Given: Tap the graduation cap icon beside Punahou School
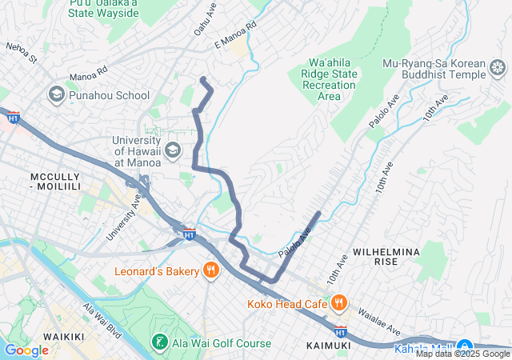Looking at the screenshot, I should (x=56, y=95).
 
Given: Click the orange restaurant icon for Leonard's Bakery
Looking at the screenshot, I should (x=211, y=271).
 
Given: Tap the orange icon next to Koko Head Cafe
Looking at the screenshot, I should (x=339, y=303).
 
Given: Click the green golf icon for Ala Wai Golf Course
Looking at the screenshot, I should (x=159, y=343).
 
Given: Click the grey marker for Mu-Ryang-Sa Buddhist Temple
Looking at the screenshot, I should (x=498, y=75).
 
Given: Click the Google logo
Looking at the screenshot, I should (x=26, y=350).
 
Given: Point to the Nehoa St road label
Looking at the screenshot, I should (x=21, y=54).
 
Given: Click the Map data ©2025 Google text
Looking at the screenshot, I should (x=462, y=354).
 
